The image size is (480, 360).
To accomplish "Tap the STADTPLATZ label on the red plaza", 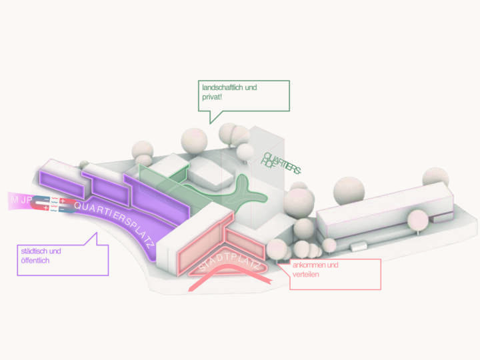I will tap(227, 263).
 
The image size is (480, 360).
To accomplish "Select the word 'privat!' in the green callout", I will tap(213, 97).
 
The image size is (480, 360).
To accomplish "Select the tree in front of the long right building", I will tap(418, 219).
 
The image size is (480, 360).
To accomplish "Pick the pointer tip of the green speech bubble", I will tap(211, 123).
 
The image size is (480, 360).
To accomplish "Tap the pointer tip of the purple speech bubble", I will tap(95, 233).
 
